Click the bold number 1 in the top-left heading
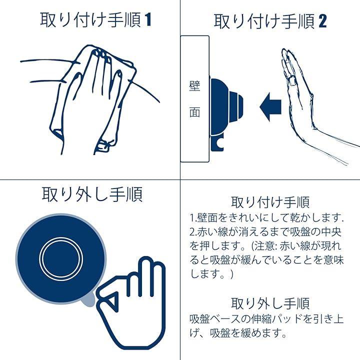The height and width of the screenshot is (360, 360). (148, 19)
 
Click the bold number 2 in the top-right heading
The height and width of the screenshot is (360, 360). (322, 21)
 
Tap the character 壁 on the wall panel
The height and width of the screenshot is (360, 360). (194, 86)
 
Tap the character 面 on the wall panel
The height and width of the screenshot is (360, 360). (194, 112)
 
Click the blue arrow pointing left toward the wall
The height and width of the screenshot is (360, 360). (270, 107)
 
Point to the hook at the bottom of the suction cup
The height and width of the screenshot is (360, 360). (217, 143)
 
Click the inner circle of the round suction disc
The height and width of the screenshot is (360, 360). (61, 259)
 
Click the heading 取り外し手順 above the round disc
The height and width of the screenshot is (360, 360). (92, 194)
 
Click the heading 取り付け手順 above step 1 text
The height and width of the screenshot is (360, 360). (270, 202)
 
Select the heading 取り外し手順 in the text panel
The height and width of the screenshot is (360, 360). (270, 303)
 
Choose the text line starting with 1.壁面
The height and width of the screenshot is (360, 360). (267, 217)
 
